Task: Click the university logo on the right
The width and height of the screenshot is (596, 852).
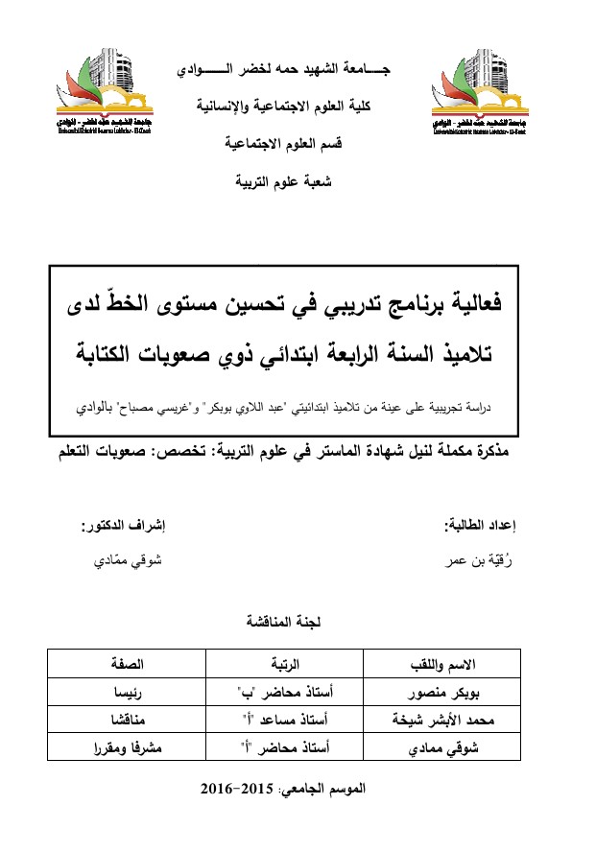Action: pos(477,91)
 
